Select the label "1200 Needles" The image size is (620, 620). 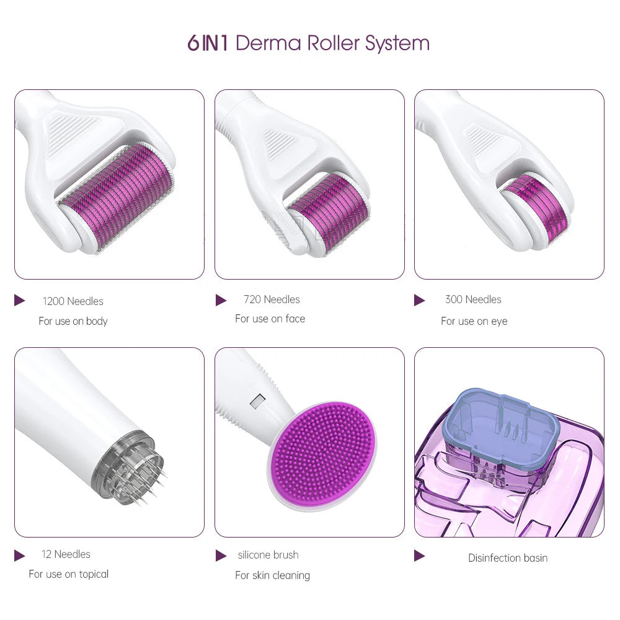coord(73,301)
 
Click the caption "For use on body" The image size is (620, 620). coord(73,321)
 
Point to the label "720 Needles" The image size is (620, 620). coord(272,299)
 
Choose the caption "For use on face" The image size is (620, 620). coord(270,319)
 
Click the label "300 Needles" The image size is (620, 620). coord(473,299)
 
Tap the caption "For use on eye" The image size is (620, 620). coord(474,321)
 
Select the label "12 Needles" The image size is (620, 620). coord(66,554)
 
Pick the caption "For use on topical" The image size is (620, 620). coord(68,574)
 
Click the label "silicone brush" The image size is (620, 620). coord(268,555)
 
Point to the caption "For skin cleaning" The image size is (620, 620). coord(272,575)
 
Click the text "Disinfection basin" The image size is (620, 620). coord(508,558)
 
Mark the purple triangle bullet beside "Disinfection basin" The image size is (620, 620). coord(420,556)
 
